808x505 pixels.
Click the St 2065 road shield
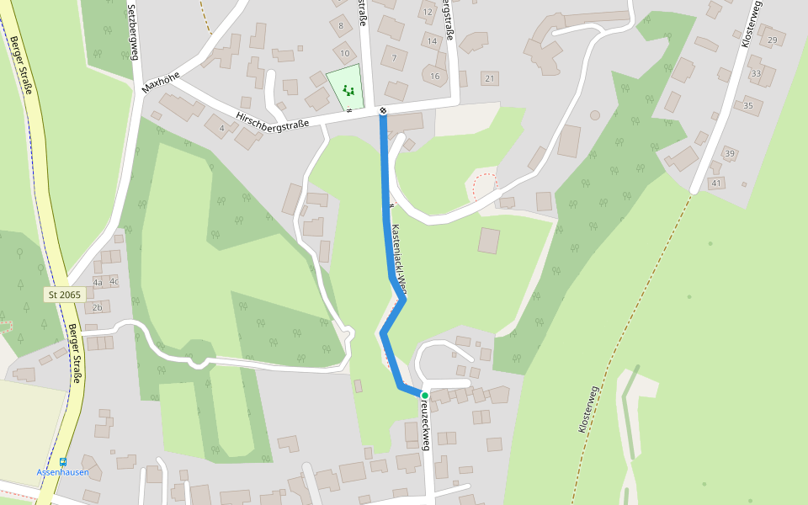click(x=65, y=295)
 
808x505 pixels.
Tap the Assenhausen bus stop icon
click(x=62, y=462)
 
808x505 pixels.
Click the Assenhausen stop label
click(x=62, y=472)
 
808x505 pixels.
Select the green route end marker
click(x=425, y=396)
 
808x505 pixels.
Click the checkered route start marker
click(x=383, y=110)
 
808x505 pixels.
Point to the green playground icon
click(x=348, y=90)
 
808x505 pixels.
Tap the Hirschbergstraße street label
click(x=273, y=120)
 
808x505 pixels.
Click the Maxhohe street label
click(x=159, y=82)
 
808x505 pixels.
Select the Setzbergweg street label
click(x=132, y=32)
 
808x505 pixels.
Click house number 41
click(x=716, y=183)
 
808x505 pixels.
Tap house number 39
click(x=730, y=153)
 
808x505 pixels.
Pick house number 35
click(x=748, y=105)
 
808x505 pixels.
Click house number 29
click(x=773, y=40)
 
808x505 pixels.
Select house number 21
click(x=490, y=78)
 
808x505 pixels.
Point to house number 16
click(x=434, y=76)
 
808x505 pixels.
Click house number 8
click(x=341, y=25)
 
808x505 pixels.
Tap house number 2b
click(x=97, y=307)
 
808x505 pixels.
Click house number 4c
click(x=114, y=281)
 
